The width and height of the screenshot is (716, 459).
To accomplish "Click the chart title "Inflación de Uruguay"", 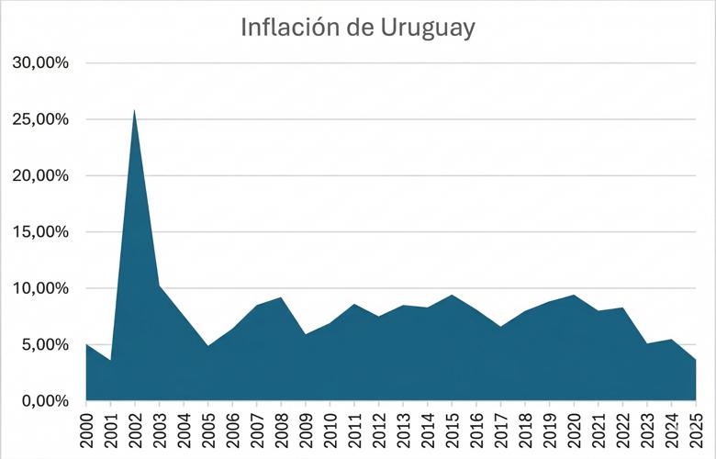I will pos(358,28).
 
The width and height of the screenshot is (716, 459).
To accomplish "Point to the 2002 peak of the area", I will pos(135,110).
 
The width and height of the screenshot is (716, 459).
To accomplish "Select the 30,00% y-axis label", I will pos(40,63).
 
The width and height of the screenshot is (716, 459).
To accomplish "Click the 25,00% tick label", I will pos(40,119).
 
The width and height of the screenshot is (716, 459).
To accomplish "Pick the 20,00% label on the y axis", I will pos(40,175).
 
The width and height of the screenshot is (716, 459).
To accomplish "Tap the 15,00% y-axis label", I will pos(40,232).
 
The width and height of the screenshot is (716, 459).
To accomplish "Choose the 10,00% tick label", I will pos(40,288).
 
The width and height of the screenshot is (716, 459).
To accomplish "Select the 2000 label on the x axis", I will pos(86,430).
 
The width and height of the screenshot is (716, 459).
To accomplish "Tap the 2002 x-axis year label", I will pos(135,430).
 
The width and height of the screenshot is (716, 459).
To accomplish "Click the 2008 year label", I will pos(281,430).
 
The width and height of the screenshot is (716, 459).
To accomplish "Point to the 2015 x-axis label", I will pos(452,430).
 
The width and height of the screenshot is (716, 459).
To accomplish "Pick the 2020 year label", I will pos(574,430).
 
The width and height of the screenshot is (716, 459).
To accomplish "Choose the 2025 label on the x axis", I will pos(696,430).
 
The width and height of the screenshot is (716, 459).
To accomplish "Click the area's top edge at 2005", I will pos(208,346).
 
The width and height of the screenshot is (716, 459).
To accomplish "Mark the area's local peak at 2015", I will pos(452,296).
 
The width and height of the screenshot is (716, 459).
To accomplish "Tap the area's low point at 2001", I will pos(110,360).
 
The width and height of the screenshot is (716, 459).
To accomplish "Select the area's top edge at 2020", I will pos(574,296).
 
